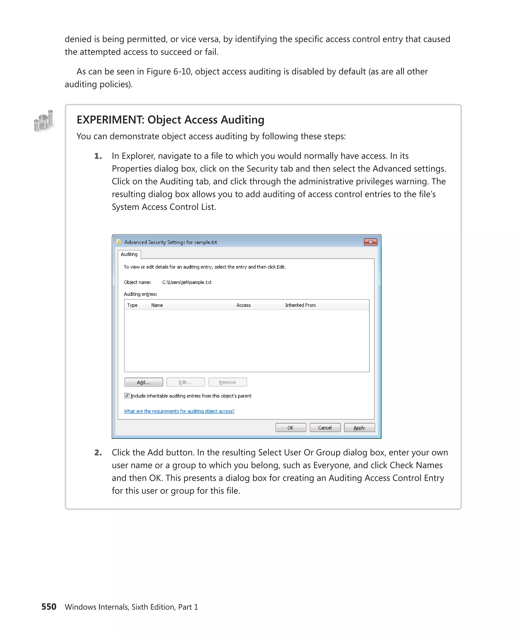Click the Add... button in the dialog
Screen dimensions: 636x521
[143, 382]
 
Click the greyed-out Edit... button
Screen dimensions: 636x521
[185, 382]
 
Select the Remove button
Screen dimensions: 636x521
[227, 382]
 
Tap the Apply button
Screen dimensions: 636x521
[359, 427]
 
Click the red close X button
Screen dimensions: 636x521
[370, 242]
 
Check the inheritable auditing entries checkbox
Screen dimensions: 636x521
[127, 396]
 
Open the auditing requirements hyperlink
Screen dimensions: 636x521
[179, 411]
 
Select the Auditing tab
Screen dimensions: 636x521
[129, 254]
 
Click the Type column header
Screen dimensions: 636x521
[132, 305]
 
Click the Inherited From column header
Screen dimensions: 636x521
[300, 305]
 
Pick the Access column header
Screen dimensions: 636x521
[243, 305]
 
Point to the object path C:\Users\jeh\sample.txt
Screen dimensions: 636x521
[187, 282]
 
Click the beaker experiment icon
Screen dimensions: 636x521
[44, 121]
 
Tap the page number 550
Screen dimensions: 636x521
[49, 606]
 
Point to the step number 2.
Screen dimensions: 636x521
[98, 452]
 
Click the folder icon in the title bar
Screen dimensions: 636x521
[119, 242]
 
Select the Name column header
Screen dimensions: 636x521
[157, 305]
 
